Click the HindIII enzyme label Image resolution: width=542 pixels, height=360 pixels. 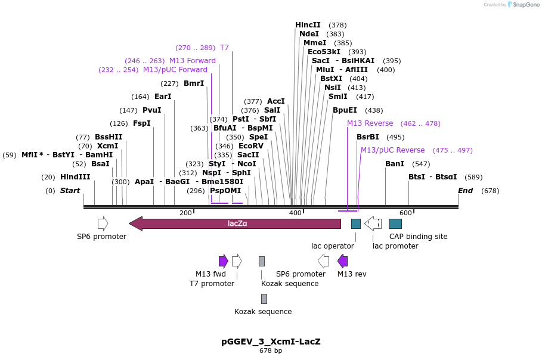75,177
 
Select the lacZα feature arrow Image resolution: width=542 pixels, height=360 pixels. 235,224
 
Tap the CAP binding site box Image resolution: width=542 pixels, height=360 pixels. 395,224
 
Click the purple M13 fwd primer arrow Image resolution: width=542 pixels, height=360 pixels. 224,261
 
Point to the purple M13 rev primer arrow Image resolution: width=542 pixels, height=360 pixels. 342,261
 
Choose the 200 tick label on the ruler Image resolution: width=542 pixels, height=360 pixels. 185,213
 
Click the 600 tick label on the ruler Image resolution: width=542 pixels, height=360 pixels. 405,213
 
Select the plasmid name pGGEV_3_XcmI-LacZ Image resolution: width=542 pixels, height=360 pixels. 271,342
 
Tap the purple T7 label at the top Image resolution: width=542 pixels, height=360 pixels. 224,48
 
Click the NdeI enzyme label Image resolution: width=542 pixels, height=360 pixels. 309,34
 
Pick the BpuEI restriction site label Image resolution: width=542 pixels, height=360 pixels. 345,110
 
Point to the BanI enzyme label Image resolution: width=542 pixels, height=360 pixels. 395,164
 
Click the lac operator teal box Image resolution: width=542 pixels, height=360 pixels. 356,224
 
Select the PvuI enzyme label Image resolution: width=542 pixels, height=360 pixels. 152,110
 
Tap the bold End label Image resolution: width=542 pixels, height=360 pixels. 465,191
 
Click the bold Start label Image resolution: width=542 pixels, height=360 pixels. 70,191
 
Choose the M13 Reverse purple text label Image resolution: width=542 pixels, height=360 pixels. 370,123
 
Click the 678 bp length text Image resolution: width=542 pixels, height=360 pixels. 271,351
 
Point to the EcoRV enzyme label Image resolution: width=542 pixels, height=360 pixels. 250,146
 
